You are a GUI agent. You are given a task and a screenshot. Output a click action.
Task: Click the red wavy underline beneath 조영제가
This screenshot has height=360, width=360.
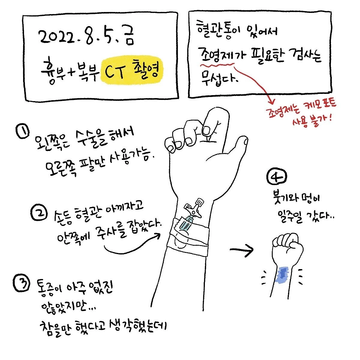(217, 65)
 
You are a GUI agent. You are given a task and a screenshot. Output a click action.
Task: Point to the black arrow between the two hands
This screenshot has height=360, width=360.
(242, 250)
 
